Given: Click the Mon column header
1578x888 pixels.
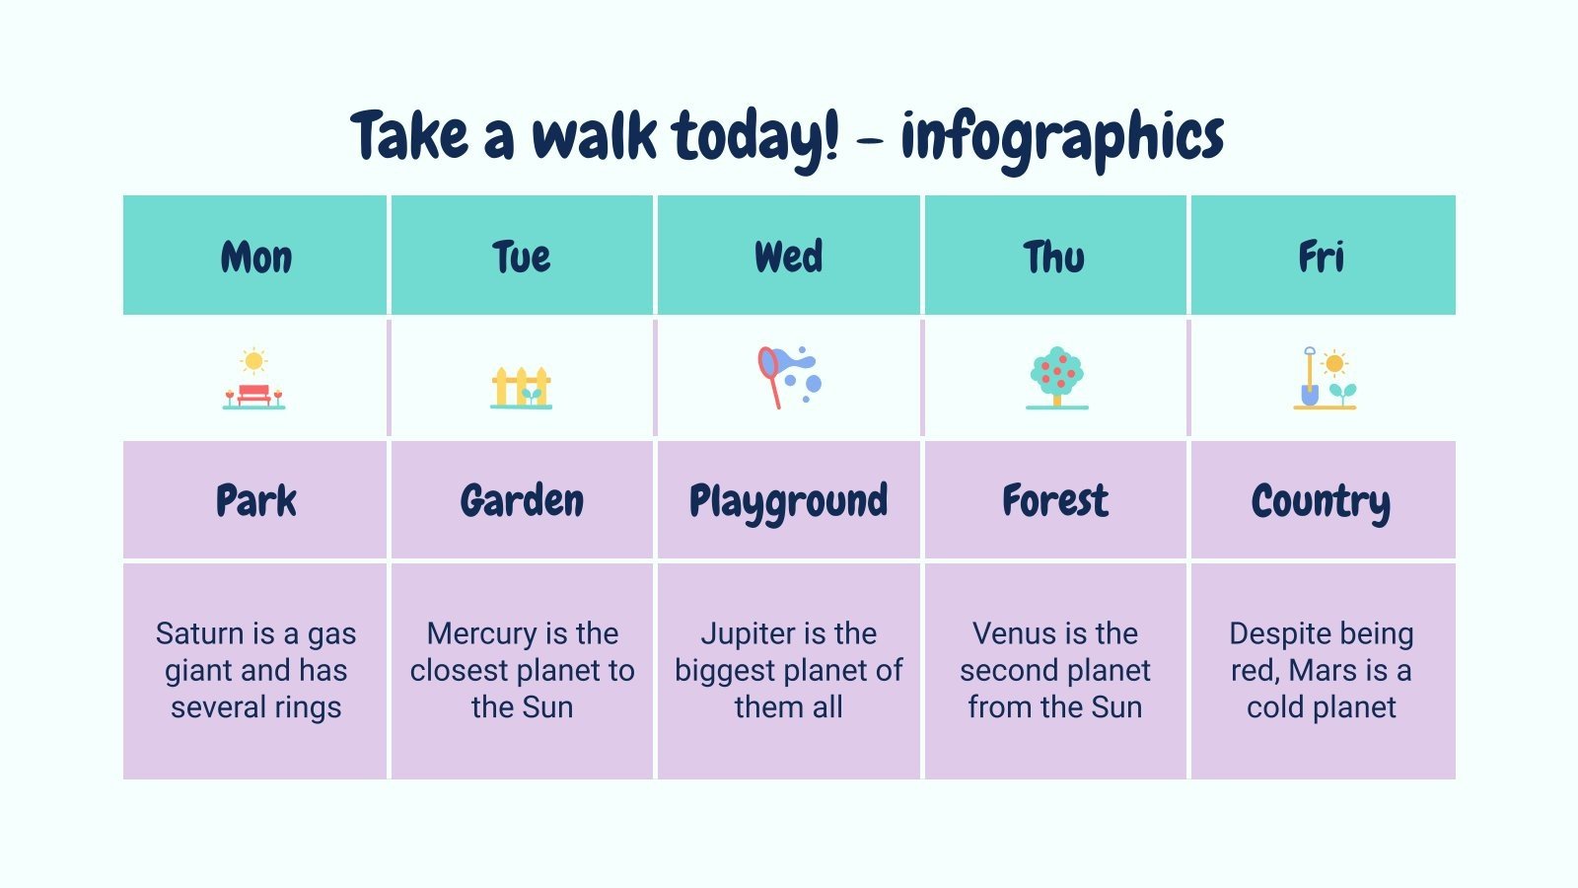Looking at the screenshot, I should [x=255, y=257].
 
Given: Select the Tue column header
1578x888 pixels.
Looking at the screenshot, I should [x=522, y=257].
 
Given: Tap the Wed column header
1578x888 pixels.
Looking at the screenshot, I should [x=788, y=257].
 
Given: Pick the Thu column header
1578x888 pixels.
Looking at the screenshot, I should [x=1054, y=257].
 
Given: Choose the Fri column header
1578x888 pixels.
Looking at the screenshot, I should [x=1322, y=257].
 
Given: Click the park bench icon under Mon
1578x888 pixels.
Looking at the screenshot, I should [x=253, y=379].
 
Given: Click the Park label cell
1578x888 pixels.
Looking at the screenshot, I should [x=255, y=500].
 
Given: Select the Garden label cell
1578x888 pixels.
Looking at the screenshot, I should [x=522, y=500].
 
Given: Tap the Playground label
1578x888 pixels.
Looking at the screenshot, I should [x=788, y=501].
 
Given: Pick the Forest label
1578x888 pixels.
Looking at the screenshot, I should [x=1054, y=500].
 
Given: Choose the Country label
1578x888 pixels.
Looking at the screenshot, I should [x=1322, y=501].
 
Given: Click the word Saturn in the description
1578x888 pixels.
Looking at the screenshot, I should [x=200, y=633].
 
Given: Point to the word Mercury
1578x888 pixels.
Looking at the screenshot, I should [x=482, y=633].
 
